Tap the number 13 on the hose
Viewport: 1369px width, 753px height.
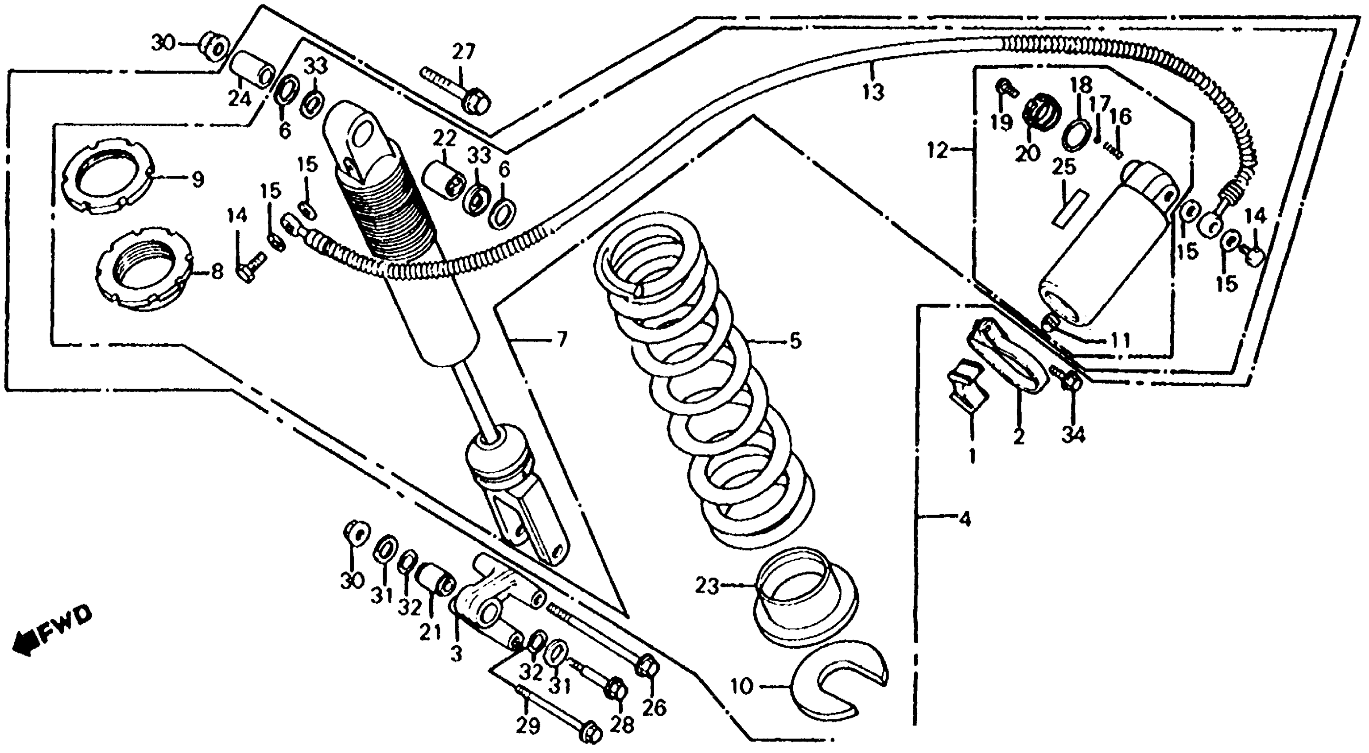tap(873, 93)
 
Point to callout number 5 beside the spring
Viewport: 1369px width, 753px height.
tap(795, 341)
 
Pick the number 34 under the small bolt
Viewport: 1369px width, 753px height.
tap(1074, 435)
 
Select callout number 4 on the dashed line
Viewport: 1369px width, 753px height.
tap(965, 519)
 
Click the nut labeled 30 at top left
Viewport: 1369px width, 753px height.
tap(215, 47)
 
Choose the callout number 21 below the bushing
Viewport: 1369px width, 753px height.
tap(430, 633)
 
